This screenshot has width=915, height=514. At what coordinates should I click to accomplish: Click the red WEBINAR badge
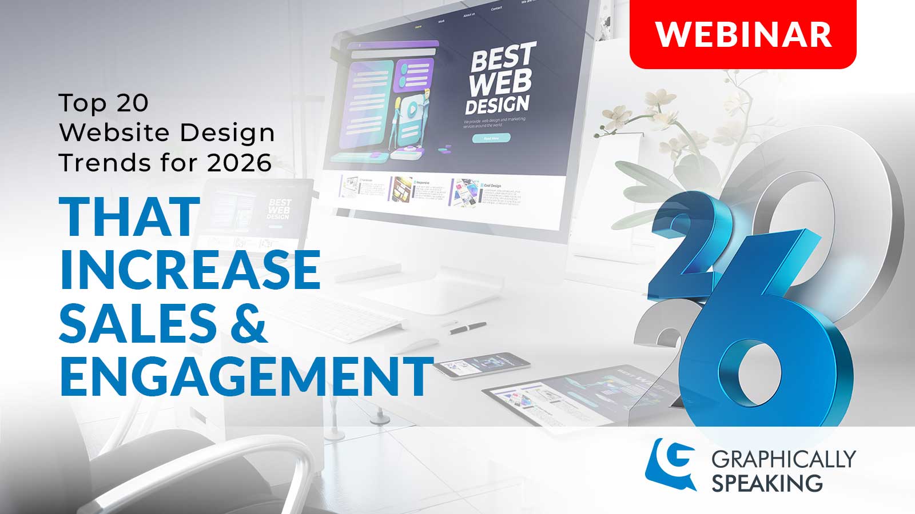pos(742,34)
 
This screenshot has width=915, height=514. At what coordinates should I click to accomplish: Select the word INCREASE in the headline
pos(189,270)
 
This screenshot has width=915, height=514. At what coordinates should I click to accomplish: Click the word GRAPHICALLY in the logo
pos(783,459)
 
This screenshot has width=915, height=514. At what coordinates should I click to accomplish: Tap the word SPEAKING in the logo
pos(766,484)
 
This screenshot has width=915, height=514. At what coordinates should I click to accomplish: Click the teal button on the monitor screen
pos(491,138)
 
